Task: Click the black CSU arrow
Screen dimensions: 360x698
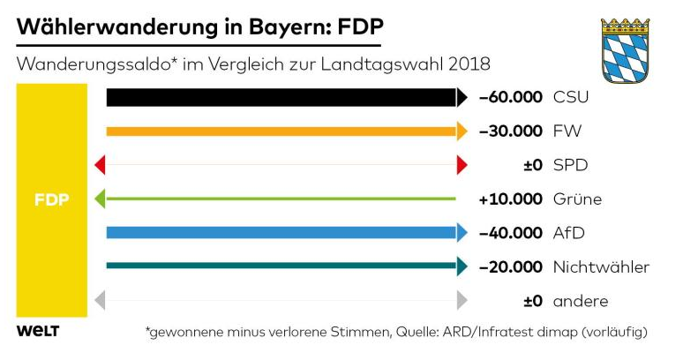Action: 282,97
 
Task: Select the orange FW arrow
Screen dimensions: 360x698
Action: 282,131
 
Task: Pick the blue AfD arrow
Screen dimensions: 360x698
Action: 282,233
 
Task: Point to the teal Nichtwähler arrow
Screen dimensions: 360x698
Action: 282,266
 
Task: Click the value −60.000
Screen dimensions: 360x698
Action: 510,97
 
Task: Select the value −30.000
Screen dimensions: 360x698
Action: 510,131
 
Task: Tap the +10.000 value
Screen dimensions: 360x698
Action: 510,199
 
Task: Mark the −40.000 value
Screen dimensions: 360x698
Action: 510,233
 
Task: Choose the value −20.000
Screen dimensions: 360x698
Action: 510,266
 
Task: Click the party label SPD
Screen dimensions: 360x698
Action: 571,165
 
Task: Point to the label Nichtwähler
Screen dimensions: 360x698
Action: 601,266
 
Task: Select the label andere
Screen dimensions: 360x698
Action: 580,301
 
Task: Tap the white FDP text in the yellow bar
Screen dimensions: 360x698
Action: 51,199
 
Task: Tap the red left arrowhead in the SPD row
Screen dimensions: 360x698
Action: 100,165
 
